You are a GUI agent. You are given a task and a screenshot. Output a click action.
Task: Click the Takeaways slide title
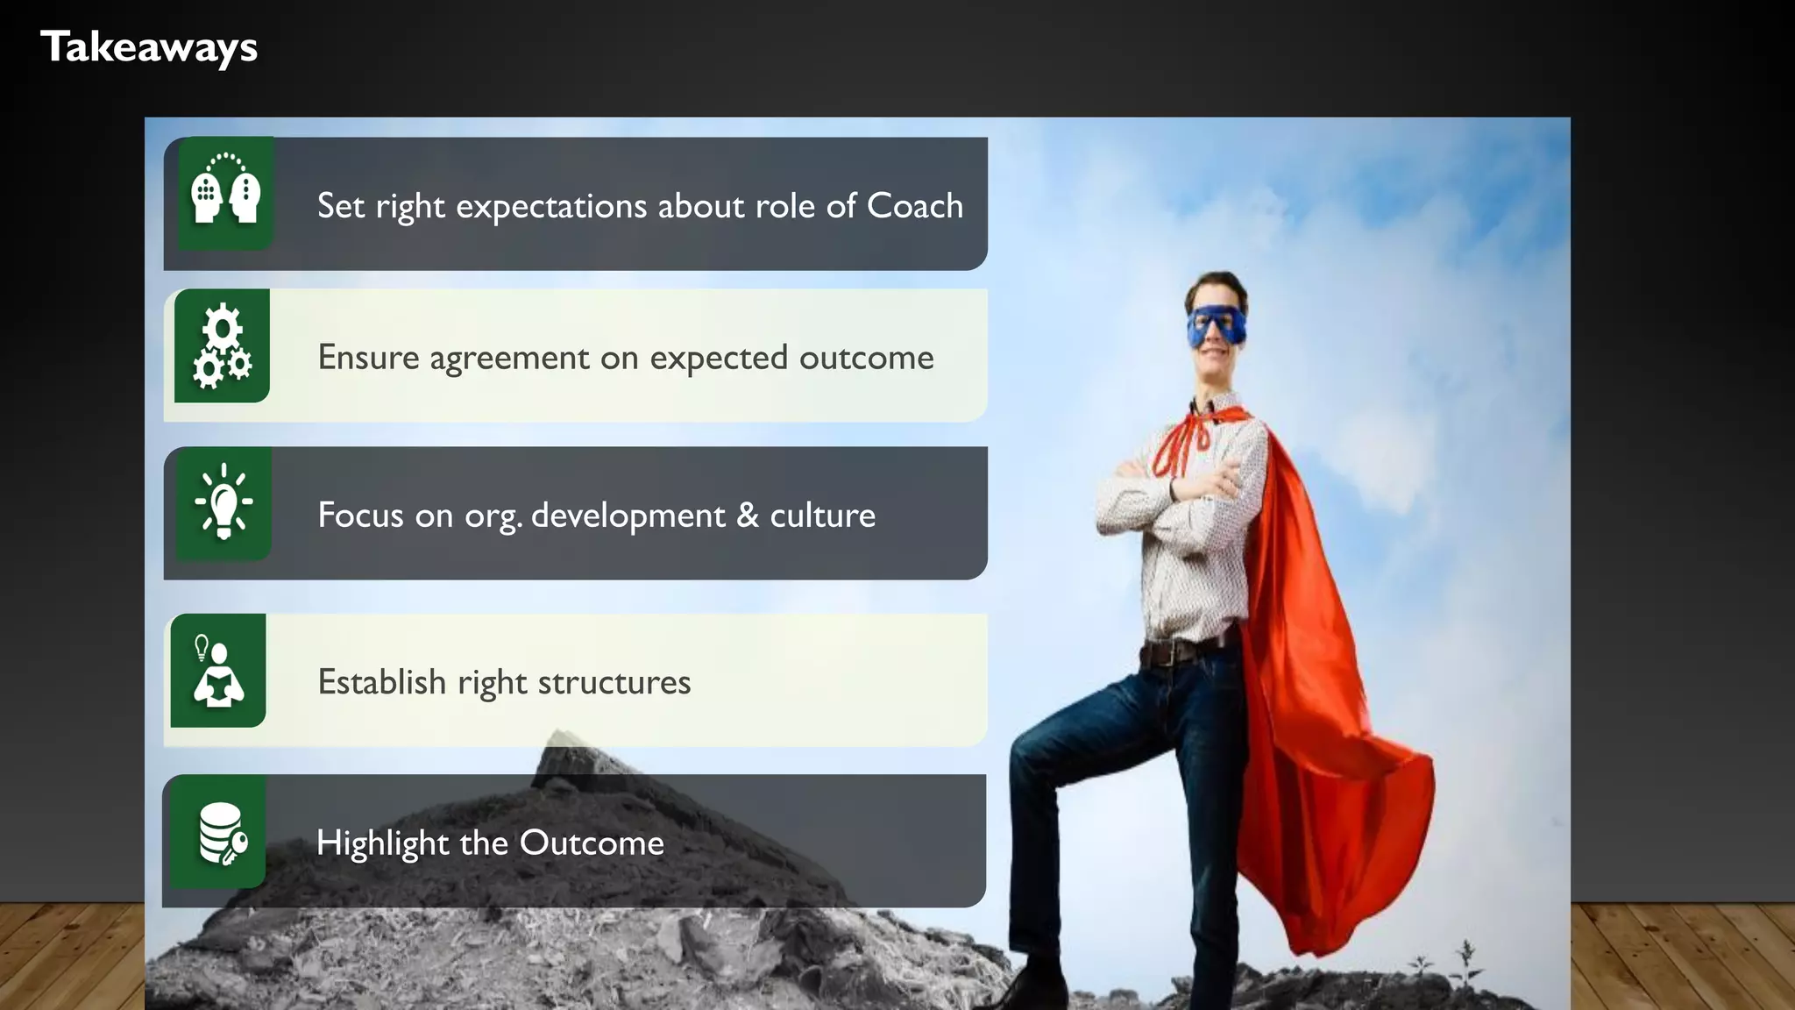(x=149, y=47)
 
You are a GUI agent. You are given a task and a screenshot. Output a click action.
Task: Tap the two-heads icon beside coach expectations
(x=226, y=192)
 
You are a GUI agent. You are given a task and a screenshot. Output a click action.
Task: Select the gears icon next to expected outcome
(x=222, y=345)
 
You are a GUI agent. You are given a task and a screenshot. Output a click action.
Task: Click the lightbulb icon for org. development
(x=223, y=502)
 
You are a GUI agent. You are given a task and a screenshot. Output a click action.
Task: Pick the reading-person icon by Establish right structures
(x=218, y=672)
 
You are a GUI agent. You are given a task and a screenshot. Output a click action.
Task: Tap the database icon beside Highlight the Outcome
(x=222, y=834)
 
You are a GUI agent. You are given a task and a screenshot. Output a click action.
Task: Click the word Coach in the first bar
(x=915, y=206)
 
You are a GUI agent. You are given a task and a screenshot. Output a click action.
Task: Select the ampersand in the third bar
(x=748, y=515)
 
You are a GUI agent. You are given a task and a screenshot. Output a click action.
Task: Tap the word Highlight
(x=382, y=843)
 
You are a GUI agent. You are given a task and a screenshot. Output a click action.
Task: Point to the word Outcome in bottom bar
(x=592, y=843)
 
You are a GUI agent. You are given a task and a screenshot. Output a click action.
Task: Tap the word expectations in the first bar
(x=551, y=207)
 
